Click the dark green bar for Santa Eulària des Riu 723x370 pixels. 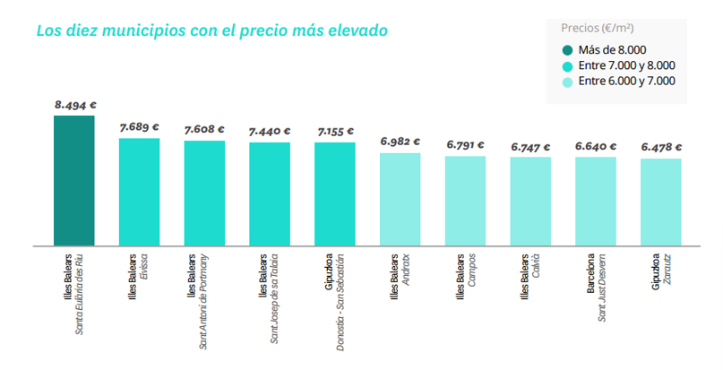pyautogui.click(x=73, y=180)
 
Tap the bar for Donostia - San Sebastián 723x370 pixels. pyautogui.click(x=335, y=194)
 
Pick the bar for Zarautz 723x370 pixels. pyautogui.click(x=661, y=202)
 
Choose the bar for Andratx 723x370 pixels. pyautogui.click(x=400, y=199)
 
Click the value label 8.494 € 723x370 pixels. pyautogui.click(x=74, y=105)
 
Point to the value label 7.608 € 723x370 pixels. pyautogui.click(x=204, y=129)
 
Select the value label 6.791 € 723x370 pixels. pyautogui.click(x=465, y=144)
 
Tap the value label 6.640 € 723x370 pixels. pyautogui.click(x=596, y=145)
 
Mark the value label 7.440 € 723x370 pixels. pyautogui.click(x=270, y=131)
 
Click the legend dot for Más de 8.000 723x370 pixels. pyautogui.click(x=568, y=49)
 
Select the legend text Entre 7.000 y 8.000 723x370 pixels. pyautogui.click(x=627, y=65)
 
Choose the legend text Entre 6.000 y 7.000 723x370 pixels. pyautogui.click(x=627, y=82)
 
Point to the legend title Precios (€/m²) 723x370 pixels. pyautogui.click(x=598, y=28)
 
